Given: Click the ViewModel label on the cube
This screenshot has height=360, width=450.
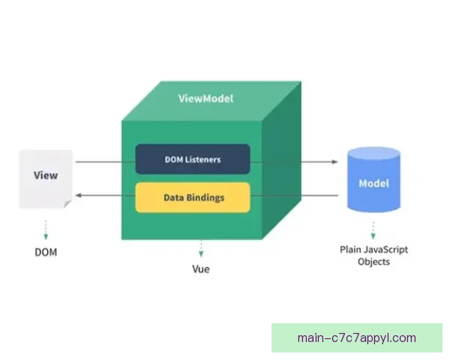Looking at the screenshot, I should [205, 98].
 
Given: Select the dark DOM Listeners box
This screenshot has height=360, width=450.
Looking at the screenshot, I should [193, 159].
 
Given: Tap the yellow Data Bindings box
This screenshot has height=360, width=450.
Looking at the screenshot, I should [193, 197].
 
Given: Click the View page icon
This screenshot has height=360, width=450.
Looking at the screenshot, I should [46, 178].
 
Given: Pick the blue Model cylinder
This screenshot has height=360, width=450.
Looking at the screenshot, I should [373, 182].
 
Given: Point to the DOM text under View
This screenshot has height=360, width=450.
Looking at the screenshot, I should [46, 252].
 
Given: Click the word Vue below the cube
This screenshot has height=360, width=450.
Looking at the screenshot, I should [200, 269].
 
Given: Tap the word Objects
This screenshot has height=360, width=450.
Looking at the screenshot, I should [373, 262].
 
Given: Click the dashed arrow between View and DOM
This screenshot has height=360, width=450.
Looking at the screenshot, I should [46, 228].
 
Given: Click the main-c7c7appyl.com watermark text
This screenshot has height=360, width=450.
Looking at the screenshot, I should [356, 337].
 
